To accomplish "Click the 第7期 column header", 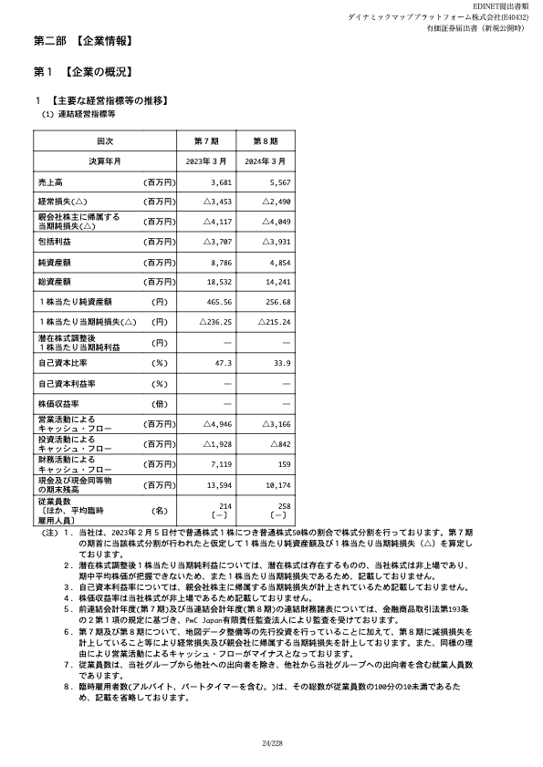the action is click(207, 142).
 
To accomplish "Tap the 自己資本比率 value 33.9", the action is click(281, 363).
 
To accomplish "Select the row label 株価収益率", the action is click(59, 403).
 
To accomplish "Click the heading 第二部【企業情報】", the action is click(84, 42).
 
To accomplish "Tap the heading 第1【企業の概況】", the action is click(84, 71).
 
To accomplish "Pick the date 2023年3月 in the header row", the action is click(207, 161).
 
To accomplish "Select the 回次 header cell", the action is click(104, 142).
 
